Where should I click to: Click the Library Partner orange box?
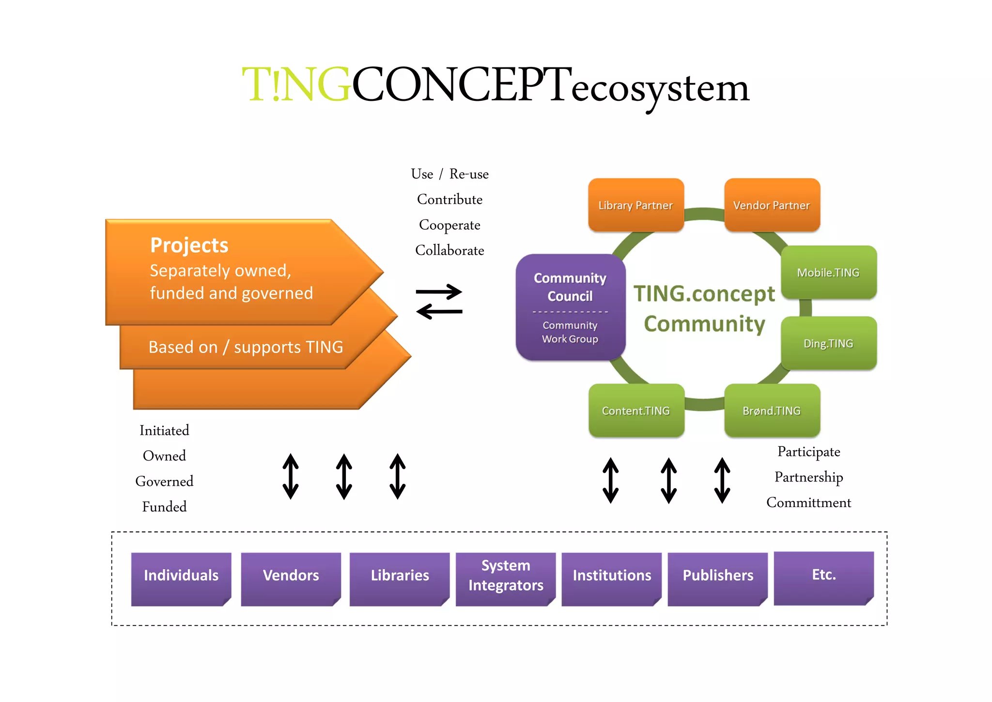[635, 205]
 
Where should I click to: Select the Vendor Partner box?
[772, 205]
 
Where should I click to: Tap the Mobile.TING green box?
[828, 272]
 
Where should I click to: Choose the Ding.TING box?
[828, 343]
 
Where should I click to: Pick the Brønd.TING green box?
[772, 411]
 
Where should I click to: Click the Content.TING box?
[636, 411]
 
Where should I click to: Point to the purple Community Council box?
[570, 306]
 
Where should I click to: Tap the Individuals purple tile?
[181, 578]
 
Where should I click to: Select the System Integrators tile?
[505, 578]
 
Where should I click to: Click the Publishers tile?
[718, 578]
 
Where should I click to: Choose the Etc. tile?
[823, 577]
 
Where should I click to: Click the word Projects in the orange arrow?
[189, 245]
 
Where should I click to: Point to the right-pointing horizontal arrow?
[439, 292]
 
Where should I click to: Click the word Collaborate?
[449, 251]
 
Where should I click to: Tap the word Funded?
[164, 507]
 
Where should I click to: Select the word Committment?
[808, 503]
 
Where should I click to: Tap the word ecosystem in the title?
[660, 90]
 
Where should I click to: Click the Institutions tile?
[611, 578]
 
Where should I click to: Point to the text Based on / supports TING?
[246, 347]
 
